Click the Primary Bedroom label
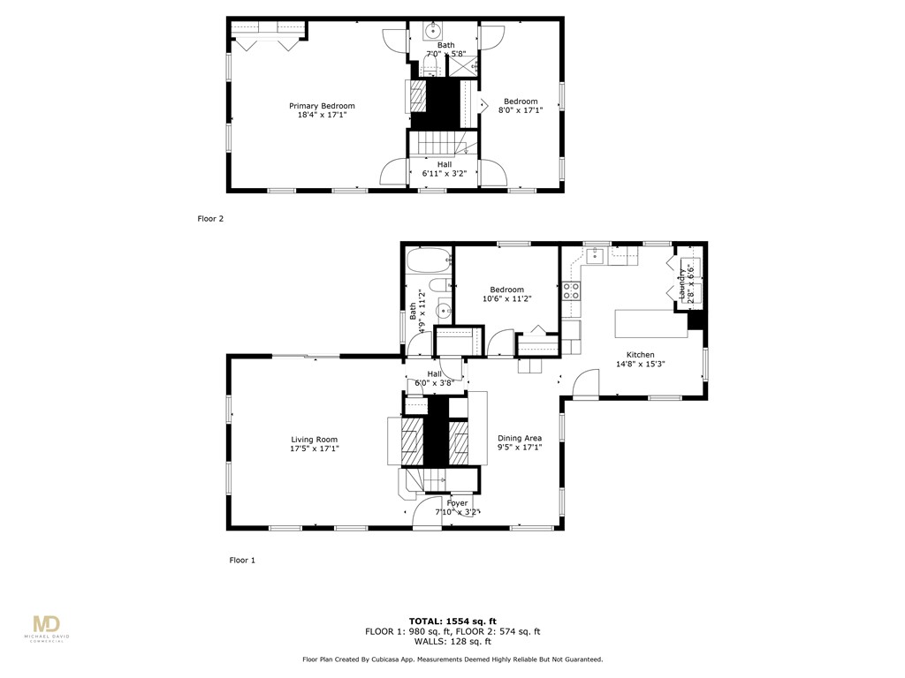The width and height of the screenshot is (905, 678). [x=322, y=106]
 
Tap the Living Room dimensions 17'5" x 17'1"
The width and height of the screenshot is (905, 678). [x=315, y=449]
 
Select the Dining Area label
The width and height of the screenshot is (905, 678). [x=519, y=438]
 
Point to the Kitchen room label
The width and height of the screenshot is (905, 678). [x=640, y=355]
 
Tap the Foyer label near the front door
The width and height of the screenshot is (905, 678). [x=457, y=503]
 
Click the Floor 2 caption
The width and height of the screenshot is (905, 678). [x=210, y=218]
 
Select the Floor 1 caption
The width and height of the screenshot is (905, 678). [x=242, y=560]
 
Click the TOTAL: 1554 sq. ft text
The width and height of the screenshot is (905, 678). [x=452, y=621]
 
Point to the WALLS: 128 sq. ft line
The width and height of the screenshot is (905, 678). [x=452, y=642]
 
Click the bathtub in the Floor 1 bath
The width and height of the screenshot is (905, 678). [x=429, y=261]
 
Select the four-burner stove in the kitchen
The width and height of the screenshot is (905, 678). [x=572, y=290]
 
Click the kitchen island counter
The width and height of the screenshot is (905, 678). [x=651, y=322]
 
